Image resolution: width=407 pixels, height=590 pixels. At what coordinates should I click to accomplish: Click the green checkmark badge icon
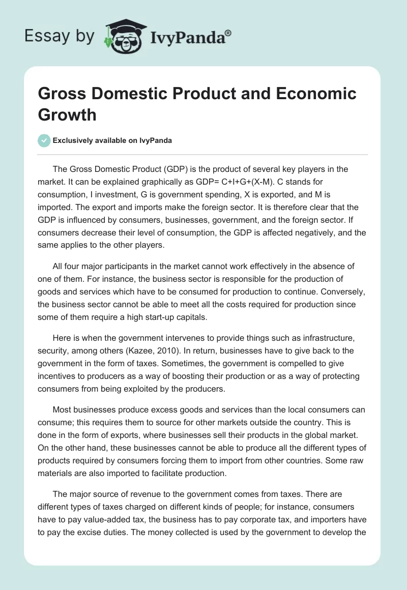44,141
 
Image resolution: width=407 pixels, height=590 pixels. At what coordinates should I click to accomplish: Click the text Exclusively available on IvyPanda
112,141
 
